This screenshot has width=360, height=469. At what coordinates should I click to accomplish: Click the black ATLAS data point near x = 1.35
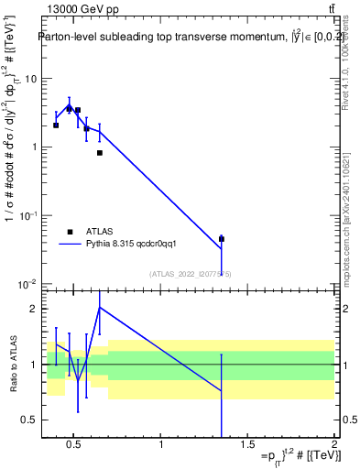pos(222,239)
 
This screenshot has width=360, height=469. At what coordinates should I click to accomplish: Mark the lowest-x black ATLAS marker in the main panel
pos(56,125)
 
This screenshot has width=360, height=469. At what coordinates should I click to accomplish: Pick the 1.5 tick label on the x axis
pos(248,446)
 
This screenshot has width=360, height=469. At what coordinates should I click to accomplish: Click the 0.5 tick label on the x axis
pos(75,446)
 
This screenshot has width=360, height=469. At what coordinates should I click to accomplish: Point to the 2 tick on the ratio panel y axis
pos(32,309)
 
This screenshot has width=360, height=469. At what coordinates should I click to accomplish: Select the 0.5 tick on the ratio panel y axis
pos(28,420)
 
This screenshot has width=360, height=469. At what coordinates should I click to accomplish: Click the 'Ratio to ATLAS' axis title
pos(12,364)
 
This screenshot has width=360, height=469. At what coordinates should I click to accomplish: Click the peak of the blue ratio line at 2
pos(100,308)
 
